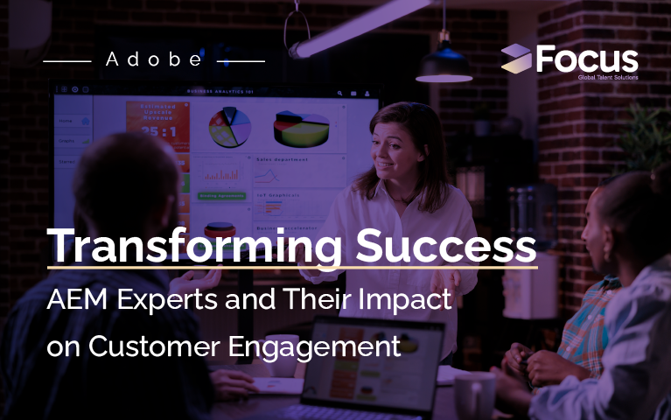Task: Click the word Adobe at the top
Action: coord(153,60)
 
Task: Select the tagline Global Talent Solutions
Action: coord(604,78)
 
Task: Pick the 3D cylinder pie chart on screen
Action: coord(301,129)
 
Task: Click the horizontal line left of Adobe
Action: coord(66,61)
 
